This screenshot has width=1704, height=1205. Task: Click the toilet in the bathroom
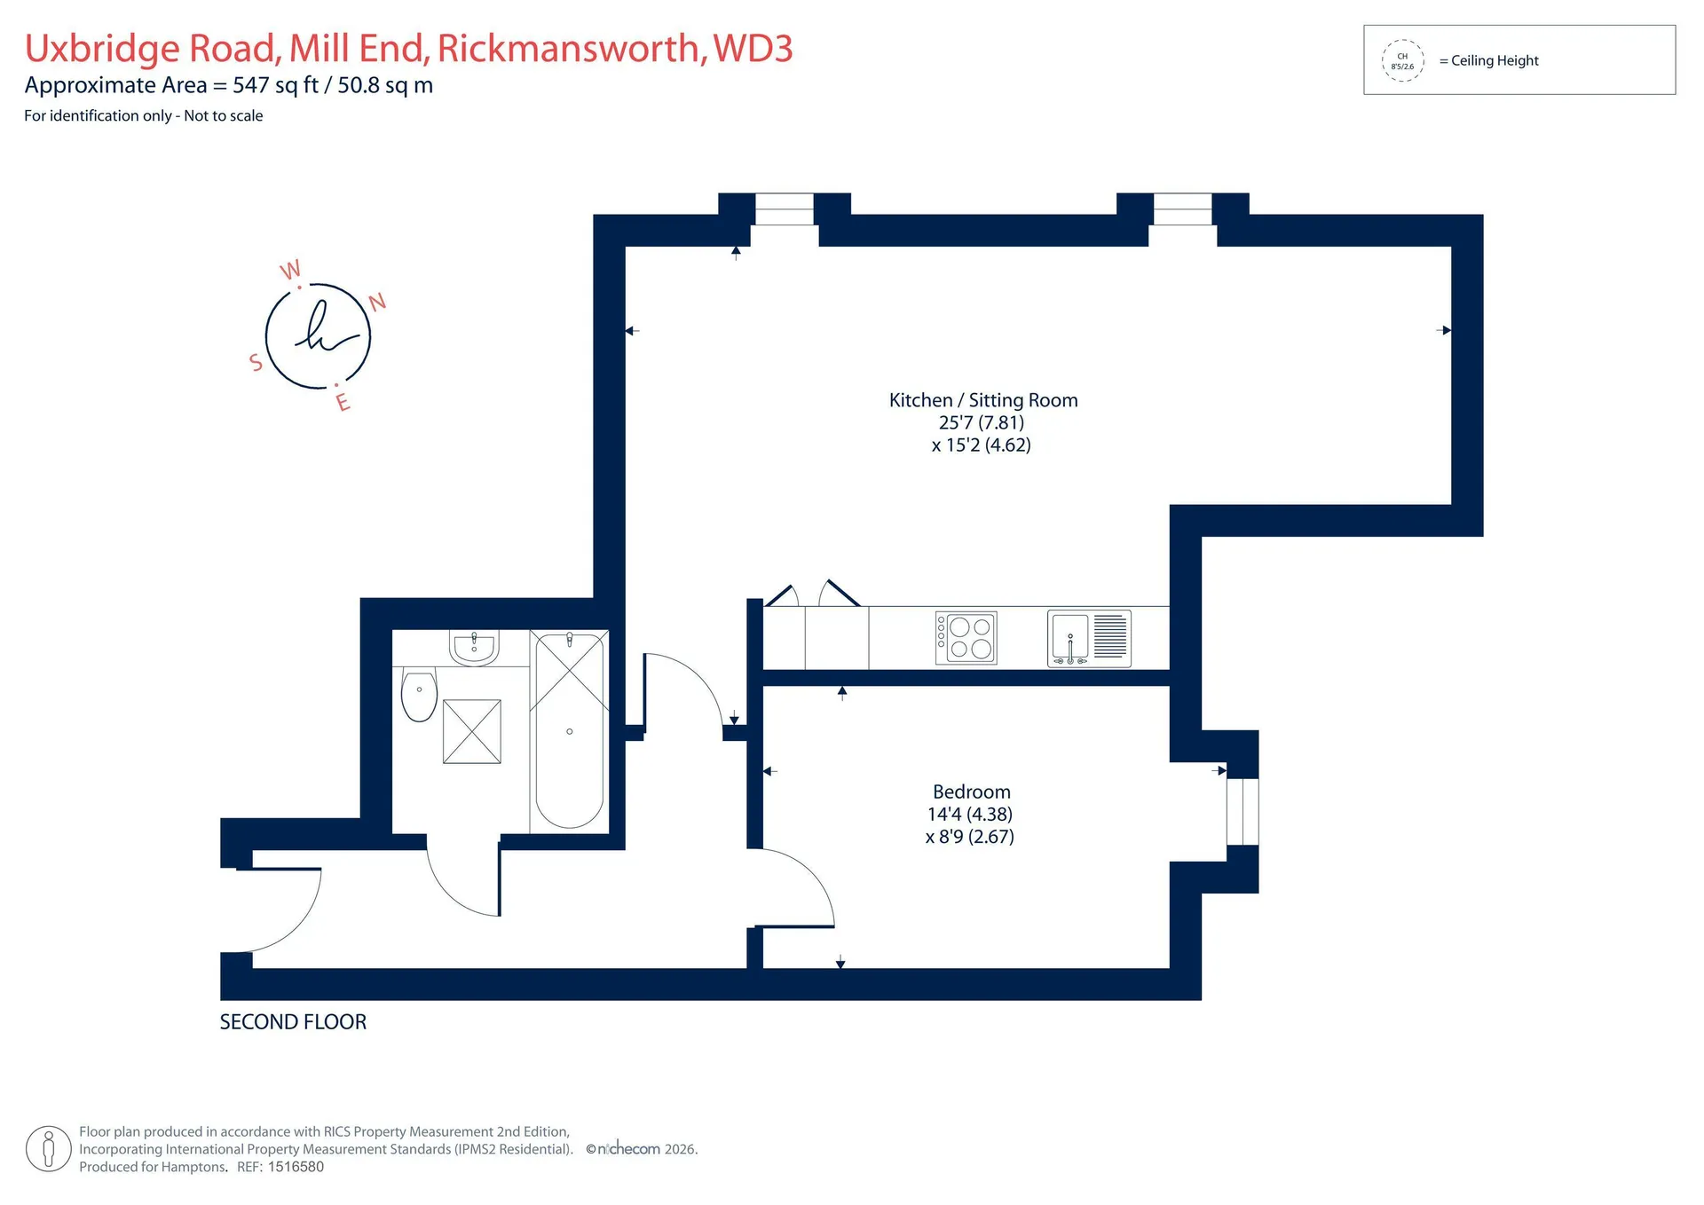coord(419,696)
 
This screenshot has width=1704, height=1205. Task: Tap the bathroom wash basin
coord(475,647)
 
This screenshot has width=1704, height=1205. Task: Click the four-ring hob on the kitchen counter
coord(966,638)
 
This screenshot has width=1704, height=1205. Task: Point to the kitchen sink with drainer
coord(1089,638)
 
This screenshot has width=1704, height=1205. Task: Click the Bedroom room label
coord(971,792)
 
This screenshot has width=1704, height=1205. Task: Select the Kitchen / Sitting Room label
coord(983,400)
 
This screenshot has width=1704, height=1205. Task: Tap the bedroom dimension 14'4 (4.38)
coord(970,814)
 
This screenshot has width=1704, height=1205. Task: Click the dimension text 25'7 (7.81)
coord(982,422)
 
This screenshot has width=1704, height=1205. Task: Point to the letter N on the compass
coord(377,303)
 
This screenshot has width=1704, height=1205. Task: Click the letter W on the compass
coord(290,270)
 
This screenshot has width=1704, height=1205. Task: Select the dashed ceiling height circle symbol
coord(1402,60)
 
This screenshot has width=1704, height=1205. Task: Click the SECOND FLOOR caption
coord(293,1022)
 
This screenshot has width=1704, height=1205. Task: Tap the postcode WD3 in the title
coord(753,48)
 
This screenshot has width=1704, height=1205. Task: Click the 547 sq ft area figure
coord(275,85)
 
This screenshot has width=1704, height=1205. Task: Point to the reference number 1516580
coord(296,1167)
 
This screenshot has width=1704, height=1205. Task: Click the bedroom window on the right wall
coord(1242,811)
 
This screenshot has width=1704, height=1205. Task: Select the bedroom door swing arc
coord(803,878)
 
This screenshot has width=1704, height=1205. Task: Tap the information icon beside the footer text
coord(49,1149)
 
